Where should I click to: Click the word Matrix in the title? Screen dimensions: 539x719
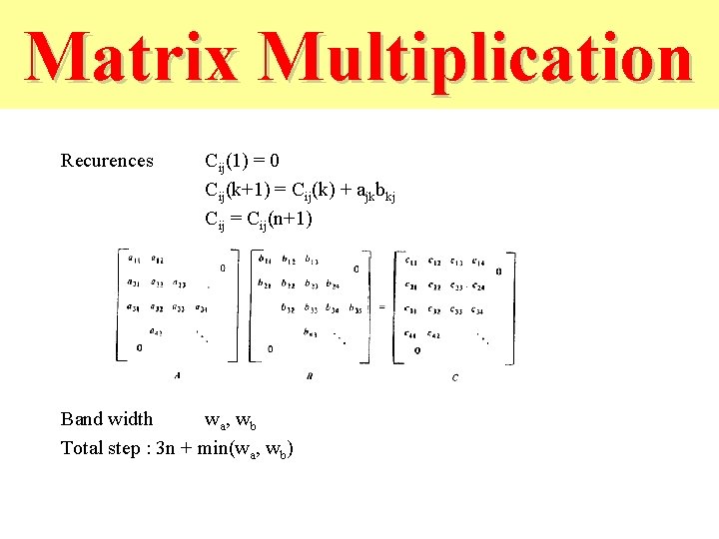[x=132, y=58]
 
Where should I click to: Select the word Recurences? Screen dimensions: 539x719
[x=107, y=161]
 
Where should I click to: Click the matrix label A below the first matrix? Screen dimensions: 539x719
[x=177, y=375]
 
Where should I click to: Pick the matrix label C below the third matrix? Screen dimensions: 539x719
[x=455, y=377]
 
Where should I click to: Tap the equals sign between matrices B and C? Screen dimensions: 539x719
[x=380, y=307]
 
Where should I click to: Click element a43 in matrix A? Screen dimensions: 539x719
[x=156, y=332]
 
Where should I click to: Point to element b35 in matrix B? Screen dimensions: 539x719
[x=357, y=308]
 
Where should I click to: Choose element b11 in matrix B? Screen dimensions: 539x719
[x=265, y=261]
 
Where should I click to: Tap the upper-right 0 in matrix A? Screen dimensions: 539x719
[x=222, y=268]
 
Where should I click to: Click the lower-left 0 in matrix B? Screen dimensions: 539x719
[x=270, y=349]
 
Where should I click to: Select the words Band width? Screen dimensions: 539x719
[x=107, y=419]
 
